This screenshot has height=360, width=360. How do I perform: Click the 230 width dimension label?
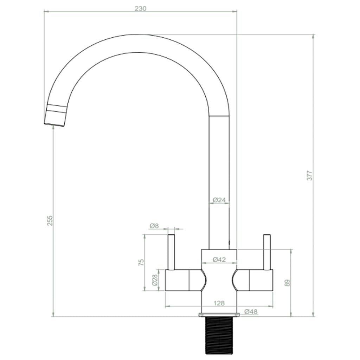pos(140,8)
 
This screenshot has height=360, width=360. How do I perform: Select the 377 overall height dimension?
pos(309,175)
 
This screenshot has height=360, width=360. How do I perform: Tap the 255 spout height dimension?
pos(50,220)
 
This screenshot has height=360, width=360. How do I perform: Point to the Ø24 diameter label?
pos(219,200)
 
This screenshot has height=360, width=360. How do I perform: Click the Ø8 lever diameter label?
pos(154,226)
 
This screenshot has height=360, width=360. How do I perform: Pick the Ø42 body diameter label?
pos(219,260)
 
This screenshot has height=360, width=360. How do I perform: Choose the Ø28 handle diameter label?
pos(154,280)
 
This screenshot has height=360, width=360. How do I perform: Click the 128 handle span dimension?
pos(219,303)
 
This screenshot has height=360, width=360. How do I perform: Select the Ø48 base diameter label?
pos(251,311)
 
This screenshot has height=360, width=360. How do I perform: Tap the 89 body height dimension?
pos(287,283)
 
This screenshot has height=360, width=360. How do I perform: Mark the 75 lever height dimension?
pos(141,262)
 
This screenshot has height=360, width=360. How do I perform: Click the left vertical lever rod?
pos(171,252)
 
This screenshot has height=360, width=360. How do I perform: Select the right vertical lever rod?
pos(267,252)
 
